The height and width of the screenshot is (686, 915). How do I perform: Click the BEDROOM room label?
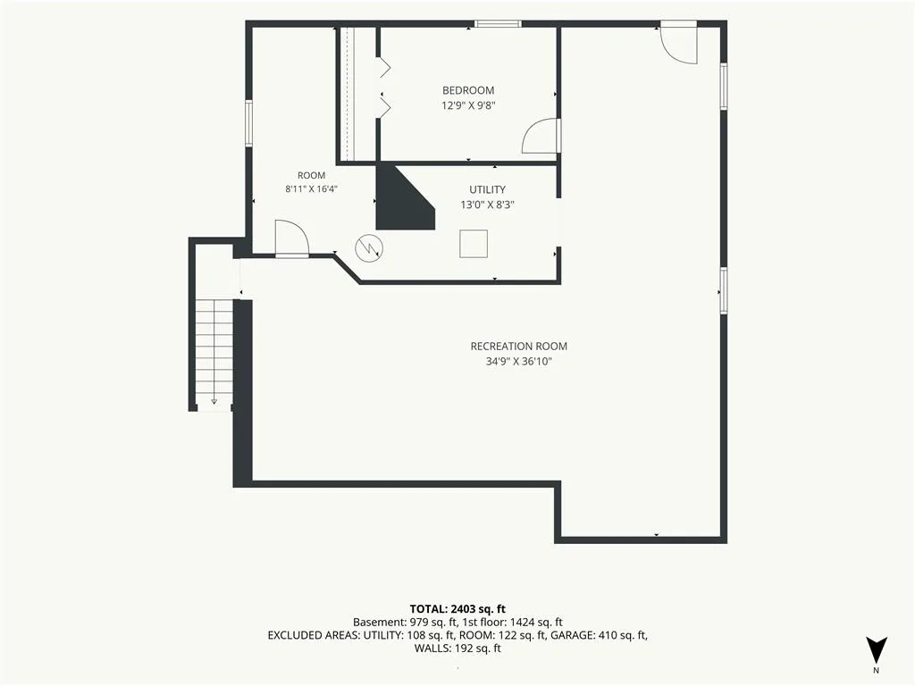pyautogui.click(x=468, y=90)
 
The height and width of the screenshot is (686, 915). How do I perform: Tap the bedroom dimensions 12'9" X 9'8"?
pyautogui.click(x=468, y=105)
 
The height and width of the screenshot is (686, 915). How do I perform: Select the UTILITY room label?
pyautogui.click(x=487, y=189)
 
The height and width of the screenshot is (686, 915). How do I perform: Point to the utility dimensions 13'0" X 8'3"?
pyautogui.click(x=487, y=205)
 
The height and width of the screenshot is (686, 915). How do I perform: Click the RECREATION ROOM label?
pyautogui.click(x=519, y=346)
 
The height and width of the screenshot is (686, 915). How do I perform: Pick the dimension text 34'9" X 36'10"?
pyautogui.click(x=519, y=361)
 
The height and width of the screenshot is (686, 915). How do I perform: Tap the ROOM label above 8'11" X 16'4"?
pyautogui.click(x=311, y=176)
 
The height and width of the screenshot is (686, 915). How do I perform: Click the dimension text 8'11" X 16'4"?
pyautogui.click(x=311, y=189)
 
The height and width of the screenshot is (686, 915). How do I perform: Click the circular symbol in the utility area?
pyautogui.click(x=369, y=248)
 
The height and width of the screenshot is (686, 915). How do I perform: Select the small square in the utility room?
pyautogui.click(x=474, y=244)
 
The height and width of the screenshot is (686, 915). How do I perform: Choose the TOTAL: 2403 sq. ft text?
pyautogui.click(x=457, y=609)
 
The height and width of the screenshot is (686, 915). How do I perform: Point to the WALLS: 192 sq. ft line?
pyautogui.click(x=457, y=648)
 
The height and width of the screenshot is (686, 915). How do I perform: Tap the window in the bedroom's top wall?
pyautogui.click(x=497, y=24)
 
